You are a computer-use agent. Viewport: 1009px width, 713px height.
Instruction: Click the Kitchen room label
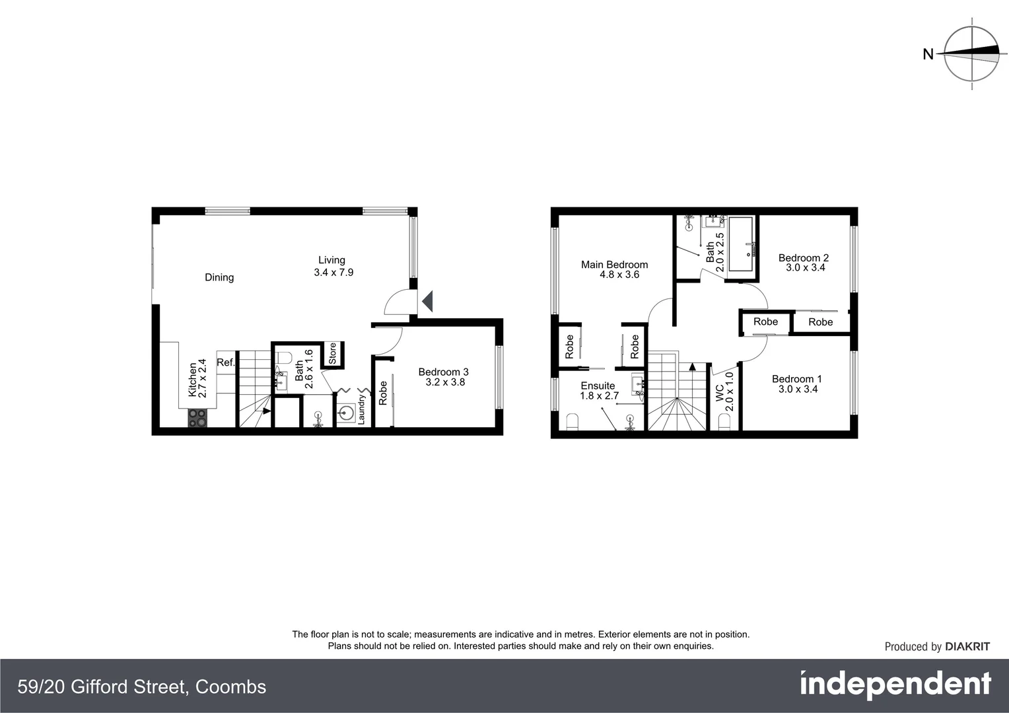(197, 378)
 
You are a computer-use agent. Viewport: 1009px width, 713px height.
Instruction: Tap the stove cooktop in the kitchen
(197, 418)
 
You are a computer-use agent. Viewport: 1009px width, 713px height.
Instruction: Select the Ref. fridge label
(226, 362)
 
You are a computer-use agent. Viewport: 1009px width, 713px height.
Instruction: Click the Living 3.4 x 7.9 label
(333, 266)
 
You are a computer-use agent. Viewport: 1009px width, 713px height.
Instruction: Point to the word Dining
(219, 277)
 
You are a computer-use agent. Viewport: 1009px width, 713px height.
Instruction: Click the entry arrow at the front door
(427, 302)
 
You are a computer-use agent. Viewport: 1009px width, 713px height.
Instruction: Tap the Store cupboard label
(333, 353)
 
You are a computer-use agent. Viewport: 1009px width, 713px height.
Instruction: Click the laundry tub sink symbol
(345, 414)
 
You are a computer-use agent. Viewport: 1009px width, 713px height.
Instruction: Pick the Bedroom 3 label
(444, 377)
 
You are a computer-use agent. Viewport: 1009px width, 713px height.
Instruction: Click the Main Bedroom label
(615, 269)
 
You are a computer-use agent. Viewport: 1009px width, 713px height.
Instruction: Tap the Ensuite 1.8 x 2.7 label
(598, 391)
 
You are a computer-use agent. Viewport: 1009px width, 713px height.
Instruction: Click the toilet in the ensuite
(572, 421)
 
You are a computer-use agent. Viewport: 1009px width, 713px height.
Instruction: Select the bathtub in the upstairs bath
(740, 244)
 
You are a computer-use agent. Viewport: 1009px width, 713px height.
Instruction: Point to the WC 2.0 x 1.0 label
(724, 391)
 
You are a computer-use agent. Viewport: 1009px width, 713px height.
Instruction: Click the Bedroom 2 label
(804, 263)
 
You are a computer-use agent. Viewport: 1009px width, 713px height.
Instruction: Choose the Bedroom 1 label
(797, 384)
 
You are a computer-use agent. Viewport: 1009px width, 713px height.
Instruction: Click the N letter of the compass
(928, 55)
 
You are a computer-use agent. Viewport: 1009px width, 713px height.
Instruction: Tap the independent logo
(895, 685)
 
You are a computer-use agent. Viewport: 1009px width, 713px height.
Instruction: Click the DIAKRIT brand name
(967, 647)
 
